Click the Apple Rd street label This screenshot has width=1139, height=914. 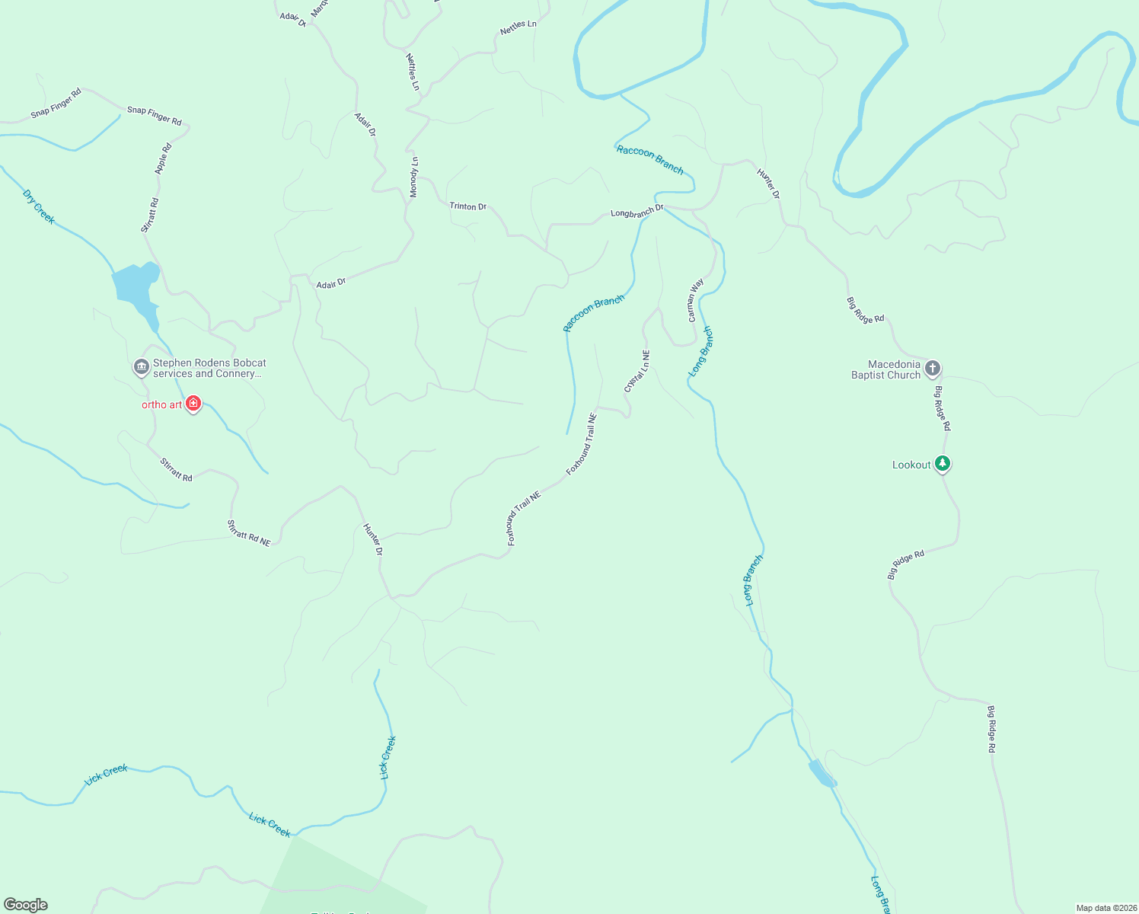pyautogui.click(x=163, y=158)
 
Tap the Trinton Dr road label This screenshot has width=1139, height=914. pyautogui.click(x=467, y=206)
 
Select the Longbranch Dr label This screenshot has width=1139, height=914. pyautogui.click(x=637, y=211)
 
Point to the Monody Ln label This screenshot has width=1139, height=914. pyautogui.click(x=414, y=177)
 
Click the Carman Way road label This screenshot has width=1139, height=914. pyautogui.click(x=695, y=300)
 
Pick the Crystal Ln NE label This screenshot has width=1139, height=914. pyautogui.click(x=636, y=371)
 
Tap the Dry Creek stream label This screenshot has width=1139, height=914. pyautogui.click(x=39, y=206)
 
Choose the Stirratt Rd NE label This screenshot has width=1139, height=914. pyautogui.click(x=249, y=532)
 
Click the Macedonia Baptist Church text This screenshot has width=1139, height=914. pyautogui.click(x=885, y=369)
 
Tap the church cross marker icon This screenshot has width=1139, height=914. pyautogui.click(x=933, y=369)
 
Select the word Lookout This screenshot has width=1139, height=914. pyautogui.click(x=911, y=465)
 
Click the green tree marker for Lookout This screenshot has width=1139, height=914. pyautogui.click(x=943, y=463)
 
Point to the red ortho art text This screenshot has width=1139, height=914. pyautogui.click(x=161, y=404)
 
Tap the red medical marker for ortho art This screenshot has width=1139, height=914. pyautogui.click(x=193, y=403)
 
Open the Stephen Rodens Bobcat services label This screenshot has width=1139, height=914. pyautogui.click(x=209, y=369)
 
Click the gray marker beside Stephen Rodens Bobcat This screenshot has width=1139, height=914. pyautogui.click(x=141, y=368)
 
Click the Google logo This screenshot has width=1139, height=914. pyautogui.click(x=26, y=905)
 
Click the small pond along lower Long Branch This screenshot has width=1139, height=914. pyautogui.click(x=822, y=773)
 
